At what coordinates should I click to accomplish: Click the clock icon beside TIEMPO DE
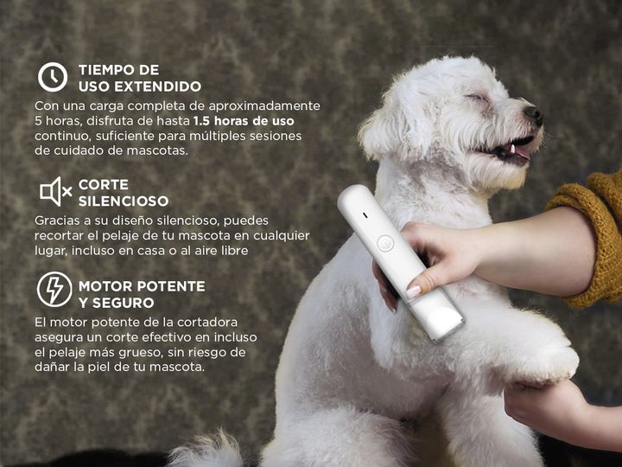pos(53,77)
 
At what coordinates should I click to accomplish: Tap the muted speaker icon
pos(55,192)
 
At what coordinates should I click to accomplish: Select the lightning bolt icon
pos(54,290)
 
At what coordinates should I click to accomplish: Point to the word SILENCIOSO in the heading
pos(124,201)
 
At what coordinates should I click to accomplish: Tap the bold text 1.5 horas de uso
pos(244,121)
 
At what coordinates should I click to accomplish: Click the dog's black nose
pos(534,114)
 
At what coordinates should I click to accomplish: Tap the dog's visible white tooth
pos(512,149)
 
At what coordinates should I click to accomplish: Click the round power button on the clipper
pos(384,243)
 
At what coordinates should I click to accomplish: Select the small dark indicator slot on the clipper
pos(365,216)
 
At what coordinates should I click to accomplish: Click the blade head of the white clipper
pos(443,323)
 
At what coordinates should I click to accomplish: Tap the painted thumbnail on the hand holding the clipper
pos(413,292)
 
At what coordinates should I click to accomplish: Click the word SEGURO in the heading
pos(123,303)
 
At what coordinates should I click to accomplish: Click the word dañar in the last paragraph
pos(52,367)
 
